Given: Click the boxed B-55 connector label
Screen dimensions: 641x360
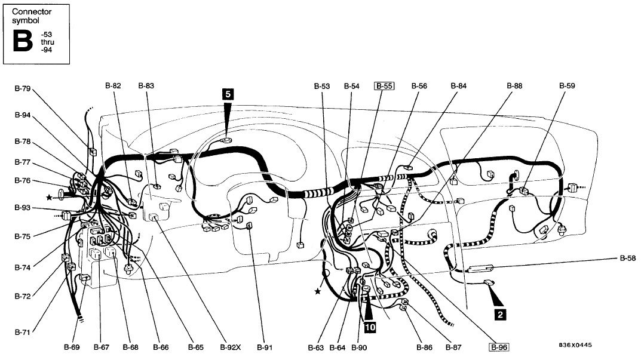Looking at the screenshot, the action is click(x=384, y=86).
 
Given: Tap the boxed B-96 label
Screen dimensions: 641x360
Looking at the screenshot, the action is click(x=499, y=347).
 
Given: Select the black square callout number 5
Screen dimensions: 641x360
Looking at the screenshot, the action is click(x=228, y=94).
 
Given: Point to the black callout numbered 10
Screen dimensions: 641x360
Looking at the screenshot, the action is click(x=370, y=327).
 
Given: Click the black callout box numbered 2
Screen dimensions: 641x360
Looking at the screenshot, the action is click(x=500, y=314).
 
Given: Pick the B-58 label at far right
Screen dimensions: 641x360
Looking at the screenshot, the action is click(x=628, y=259).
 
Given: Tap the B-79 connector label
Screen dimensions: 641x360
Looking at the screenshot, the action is click(x=23, y=88).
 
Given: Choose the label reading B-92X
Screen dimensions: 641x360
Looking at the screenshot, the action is click(x=231, y=347).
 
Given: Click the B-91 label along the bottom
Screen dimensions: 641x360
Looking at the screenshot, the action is click(x=265, y=347).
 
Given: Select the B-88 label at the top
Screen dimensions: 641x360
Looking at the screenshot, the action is click(x=515, y=86).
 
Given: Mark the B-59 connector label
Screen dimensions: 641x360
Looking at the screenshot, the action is click(x=567, y=86).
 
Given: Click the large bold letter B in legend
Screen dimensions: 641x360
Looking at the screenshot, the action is click(x=23, y=41).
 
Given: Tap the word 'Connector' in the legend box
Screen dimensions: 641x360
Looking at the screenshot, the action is click(x=32, y=12).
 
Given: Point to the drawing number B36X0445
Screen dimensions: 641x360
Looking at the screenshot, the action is click(x=575, y=345).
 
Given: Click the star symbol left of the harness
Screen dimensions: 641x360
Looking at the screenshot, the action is click(x=49, y=198).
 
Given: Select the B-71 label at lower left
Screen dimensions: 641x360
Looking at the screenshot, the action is click(x=23, y=332).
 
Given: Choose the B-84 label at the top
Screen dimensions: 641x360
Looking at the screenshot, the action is click(x=459, y=86).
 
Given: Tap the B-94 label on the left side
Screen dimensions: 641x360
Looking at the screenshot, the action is click(x=23, y=115).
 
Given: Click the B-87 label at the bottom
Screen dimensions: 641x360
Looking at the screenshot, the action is click(x=453, y=347).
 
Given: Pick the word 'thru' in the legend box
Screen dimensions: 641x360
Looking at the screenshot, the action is click(x=47, y=42).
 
